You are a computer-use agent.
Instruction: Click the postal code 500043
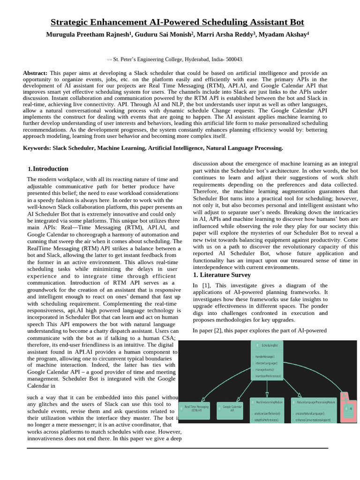click(233, 60)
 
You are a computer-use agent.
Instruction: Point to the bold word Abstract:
click(35, 73)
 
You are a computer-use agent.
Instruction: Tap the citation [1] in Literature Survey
click(206, 285)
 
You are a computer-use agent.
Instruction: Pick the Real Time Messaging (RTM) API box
click(197, 408)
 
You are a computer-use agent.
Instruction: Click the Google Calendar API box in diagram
click(232, 408)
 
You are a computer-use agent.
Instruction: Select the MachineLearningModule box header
click(269, 402)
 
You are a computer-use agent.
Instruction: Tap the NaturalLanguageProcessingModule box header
click(314, 402)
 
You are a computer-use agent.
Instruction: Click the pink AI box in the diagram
click(349, 408)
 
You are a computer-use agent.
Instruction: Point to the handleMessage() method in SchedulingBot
click(266, 356)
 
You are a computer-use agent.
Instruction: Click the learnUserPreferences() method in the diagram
click(269, 376)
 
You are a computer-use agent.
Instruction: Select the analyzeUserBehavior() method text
click(268, 413)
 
